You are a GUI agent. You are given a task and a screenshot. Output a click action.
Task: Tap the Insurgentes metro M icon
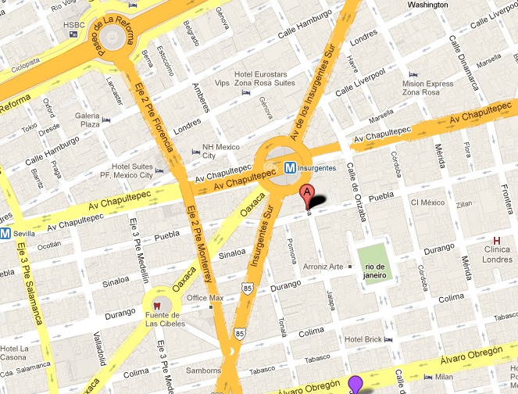[x=290, y=167]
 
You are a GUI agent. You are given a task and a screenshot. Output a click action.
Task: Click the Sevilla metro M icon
[x=5, y=233]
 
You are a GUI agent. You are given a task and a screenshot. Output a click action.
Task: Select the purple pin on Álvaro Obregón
[x=355, y=384]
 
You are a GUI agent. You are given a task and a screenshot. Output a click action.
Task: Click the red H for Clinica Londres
[x=496, y=240]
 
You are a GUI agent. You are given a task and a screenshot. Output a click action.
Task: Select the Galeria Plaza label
[x=87, y=120]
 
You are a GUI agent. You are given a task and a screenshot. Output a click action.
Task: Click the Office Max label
[x=205, y=298]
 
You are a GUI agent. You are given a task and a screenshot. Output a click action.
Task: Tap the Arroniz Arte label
[x=324, y=267]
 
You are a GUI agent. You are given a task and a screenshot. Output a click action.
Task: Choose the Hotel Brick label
[x=363, y=339]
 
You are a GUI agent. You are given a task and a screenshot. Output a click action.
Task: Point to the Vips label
[x=222, y=82]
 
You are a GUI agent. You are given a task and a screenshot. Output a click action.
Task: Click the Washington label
[x=427, y=5]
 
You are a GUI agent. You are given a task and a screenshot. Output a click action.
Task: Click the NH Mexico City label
[x=220, y=151]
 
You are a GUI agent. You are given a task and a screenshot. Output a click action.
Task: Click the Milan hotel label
[x=445, y=377]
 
